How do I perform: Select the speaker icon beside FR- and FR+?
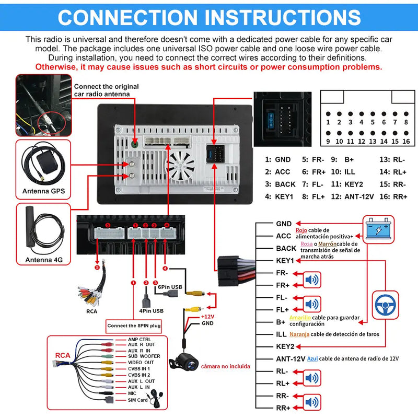click(312, 280)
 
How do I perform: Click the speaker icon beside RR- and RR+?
click(312, 402)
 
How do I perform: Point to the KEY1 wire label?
click(285, 261)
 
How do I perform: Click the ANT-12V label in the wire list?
click(290, 358)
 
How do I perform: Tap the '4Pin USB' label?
click(152, 311)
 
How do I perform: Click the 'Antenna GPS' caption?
click(43, 191)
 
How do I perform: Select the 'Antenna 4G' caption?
click(43, 259)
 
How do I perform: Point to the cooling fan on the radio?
click(181, 166)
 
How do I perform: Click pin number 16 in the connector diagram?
click(406, 141)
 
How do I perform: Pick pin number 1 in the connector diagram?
click(328, 122)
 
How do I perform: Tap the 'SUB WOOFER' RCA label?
click(144, 356)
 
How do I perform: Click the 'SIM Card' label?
click(138, 400)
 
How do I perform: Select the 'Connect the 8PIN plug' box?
click(134, 326)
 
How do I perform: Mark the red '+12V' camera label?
click(207, 316)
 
